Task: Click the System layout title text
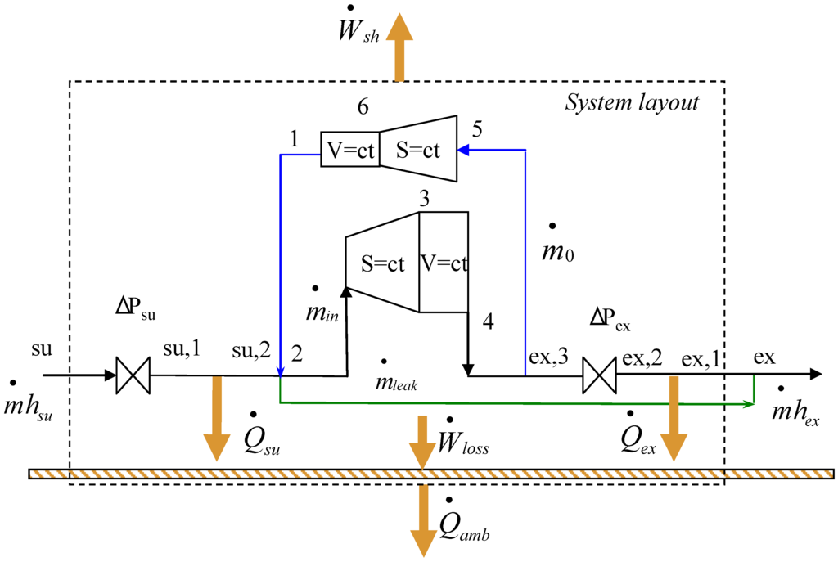point(633,103)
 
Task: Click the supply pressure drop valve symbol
point(131,376)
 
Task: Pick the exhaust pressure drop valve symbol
point(598,376)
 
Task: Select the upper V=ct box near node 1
point(349,151)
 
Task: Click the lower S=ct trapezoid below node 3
point(383,263)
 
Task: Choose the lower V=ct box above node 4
point(444,263)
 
